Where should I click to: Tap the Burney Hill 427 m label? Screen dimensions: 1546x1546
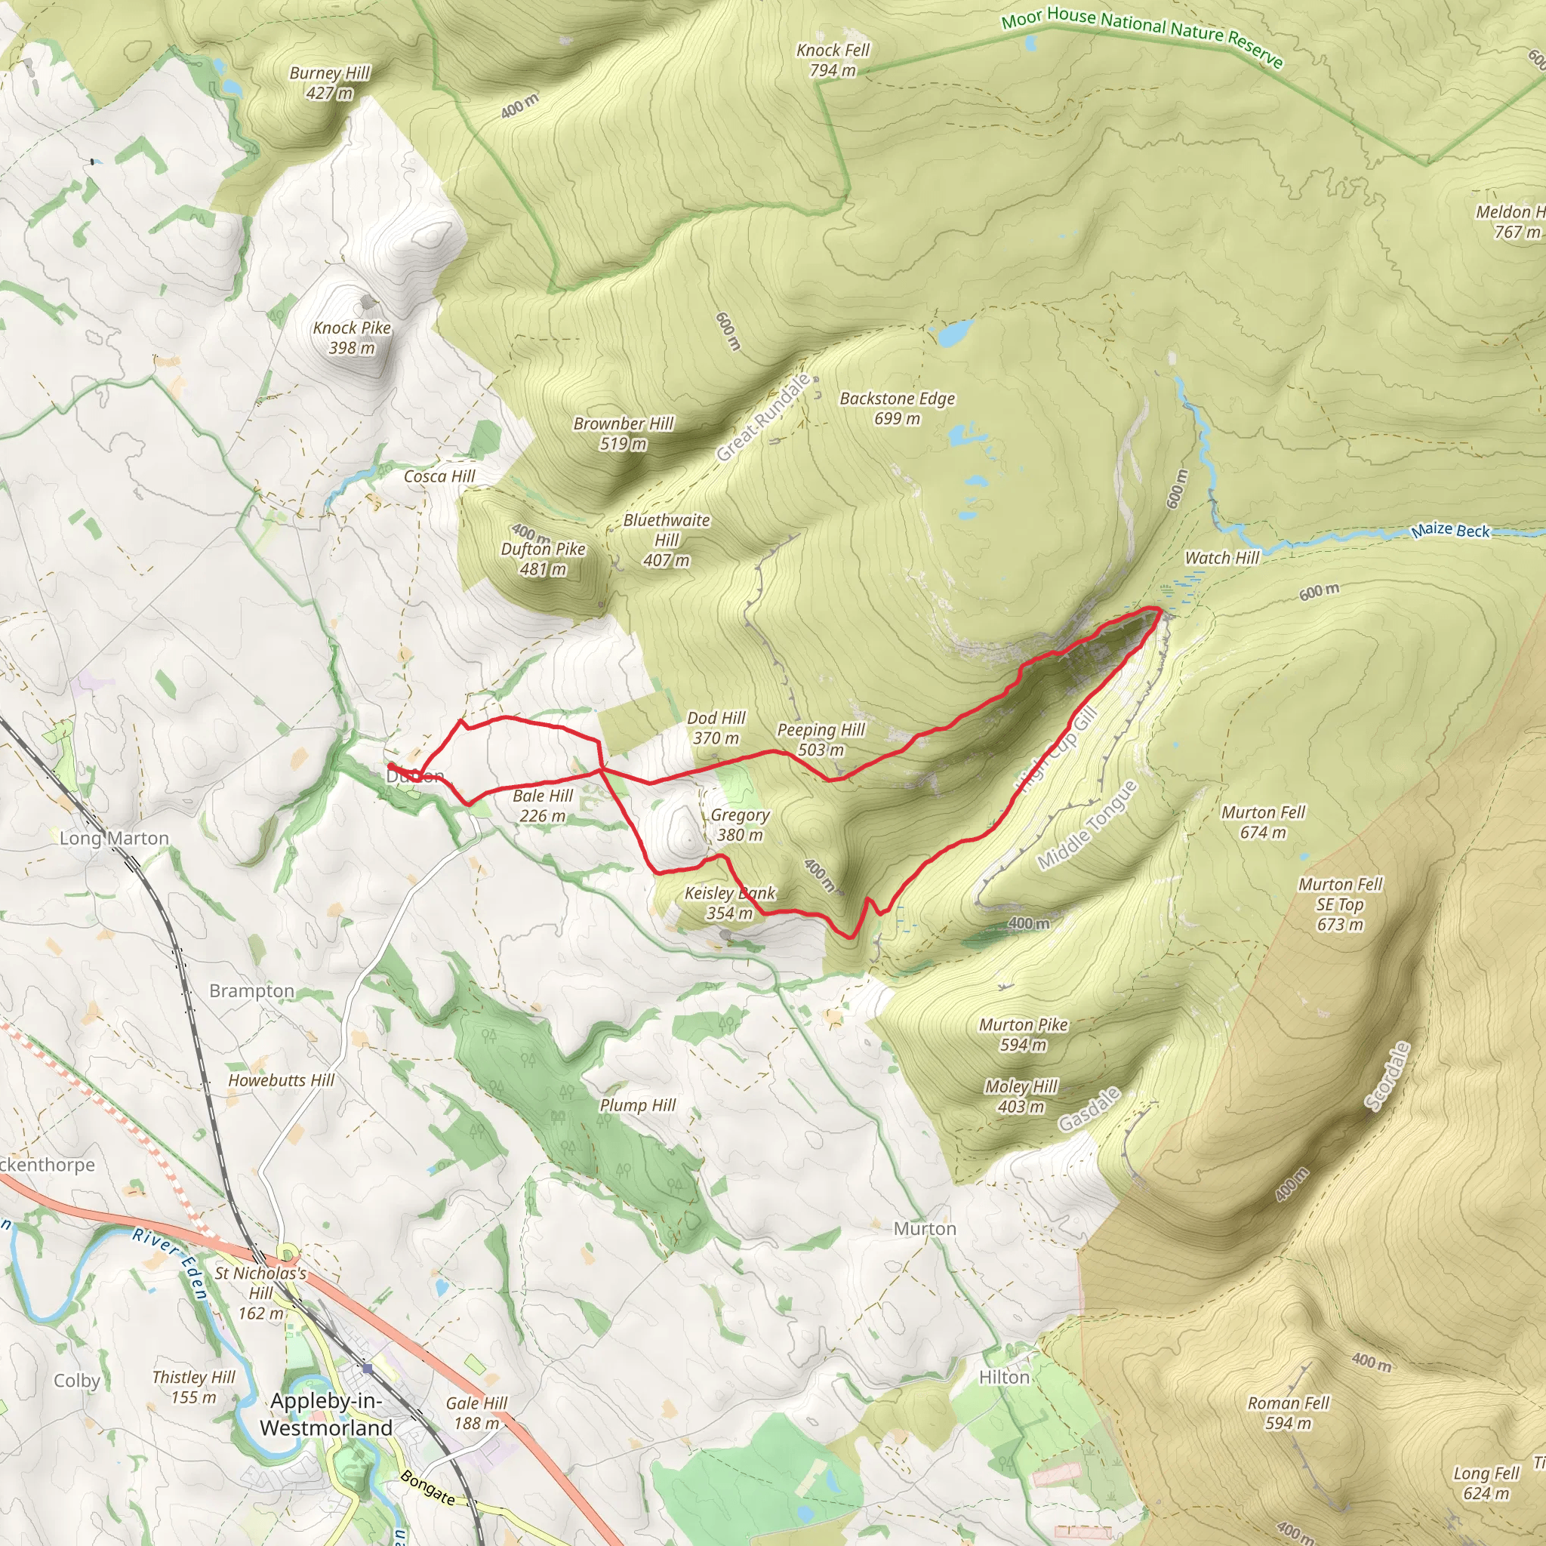329,82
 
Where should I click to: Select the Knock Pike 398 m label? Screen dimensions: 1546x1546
351,337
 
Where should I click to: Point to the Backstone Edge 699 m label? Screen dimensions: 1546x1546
897,408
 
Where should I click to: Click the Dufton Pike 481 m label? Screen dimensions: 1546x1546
543,559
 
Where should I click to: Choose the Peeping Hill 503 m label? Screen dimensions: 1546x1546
821,739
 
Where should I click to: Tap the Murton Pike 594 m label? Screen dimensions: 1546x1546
1024,1034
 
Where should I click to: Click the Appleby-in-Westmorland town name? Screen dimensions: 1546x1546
325,1414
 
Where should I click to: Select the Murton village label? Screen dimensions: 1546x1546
924,1228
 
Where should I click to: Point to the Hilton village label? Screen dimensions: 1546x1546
1003,1377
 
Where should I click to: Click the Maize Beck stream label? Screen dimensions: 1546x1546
1450,530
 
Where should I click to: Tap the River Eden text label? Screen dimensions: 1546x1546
171,1264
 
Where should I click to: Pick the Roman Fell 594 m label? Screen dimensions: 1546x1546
1289,1412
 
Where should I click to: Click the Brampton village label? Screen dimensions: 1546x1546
251,990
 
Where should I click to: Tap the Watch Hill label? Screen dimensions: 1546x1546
1222,558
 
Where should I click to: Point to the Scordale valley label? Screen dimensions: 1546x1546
1387,1076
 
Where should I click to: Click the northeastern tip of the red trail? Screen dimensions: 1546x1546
1159,610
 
